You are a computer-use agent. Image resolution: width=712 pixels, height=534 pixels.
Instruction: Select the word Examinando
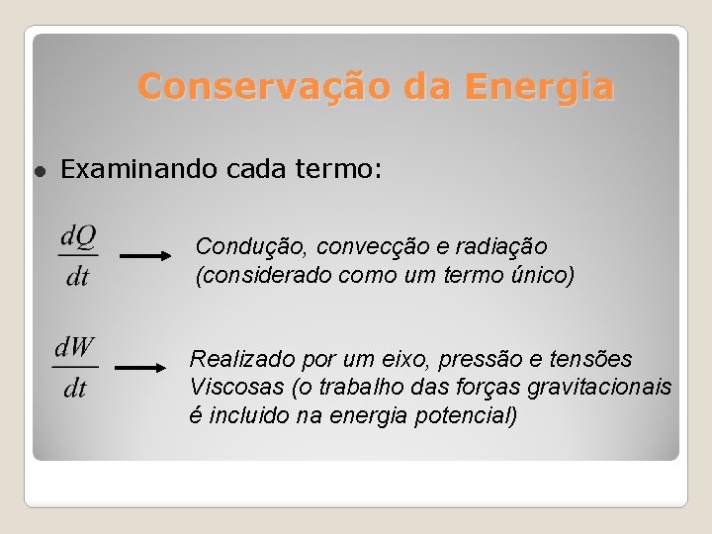[x=139, y=170]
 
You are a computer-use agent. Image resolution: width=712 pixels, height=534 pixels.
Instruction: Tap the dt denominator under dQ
[x=78, y=276]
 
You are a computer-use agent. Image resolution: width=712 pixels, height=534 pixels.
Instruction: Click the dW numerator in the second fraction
[x=74, y=347]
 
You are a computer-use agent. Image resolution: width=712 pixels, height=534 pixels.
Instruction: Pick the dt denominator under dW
[x=74, y=388]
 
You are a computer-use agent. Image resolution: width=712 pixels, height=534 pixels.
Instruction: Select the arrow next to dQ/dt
[x=145, y=255]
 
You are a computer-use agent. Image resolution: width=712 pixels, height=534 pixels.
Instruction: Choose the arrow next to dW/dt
[x=140, y=367]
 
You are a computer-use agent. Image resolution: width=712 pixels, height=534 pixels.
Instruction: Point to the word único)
[x=540, y=274]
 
